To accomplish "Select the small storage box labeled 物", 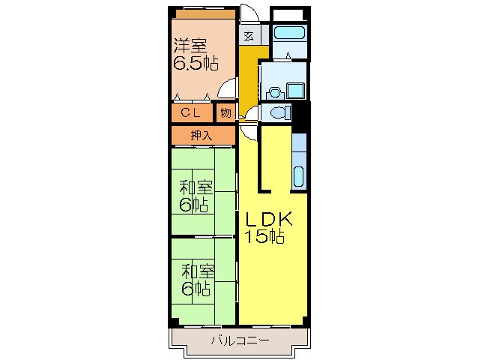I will coord(226,113).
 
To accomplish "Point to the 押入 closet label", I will coord(201,136).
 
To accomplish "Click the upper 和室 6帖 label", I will coord(195,194).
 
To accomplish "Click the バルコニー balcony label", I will coord(239,340).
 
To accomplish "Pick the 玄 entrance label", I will coord(248,35).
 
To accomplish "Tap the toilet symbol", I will coord(279,114).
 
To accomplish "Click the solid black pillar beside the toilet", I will coord(300,114).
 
